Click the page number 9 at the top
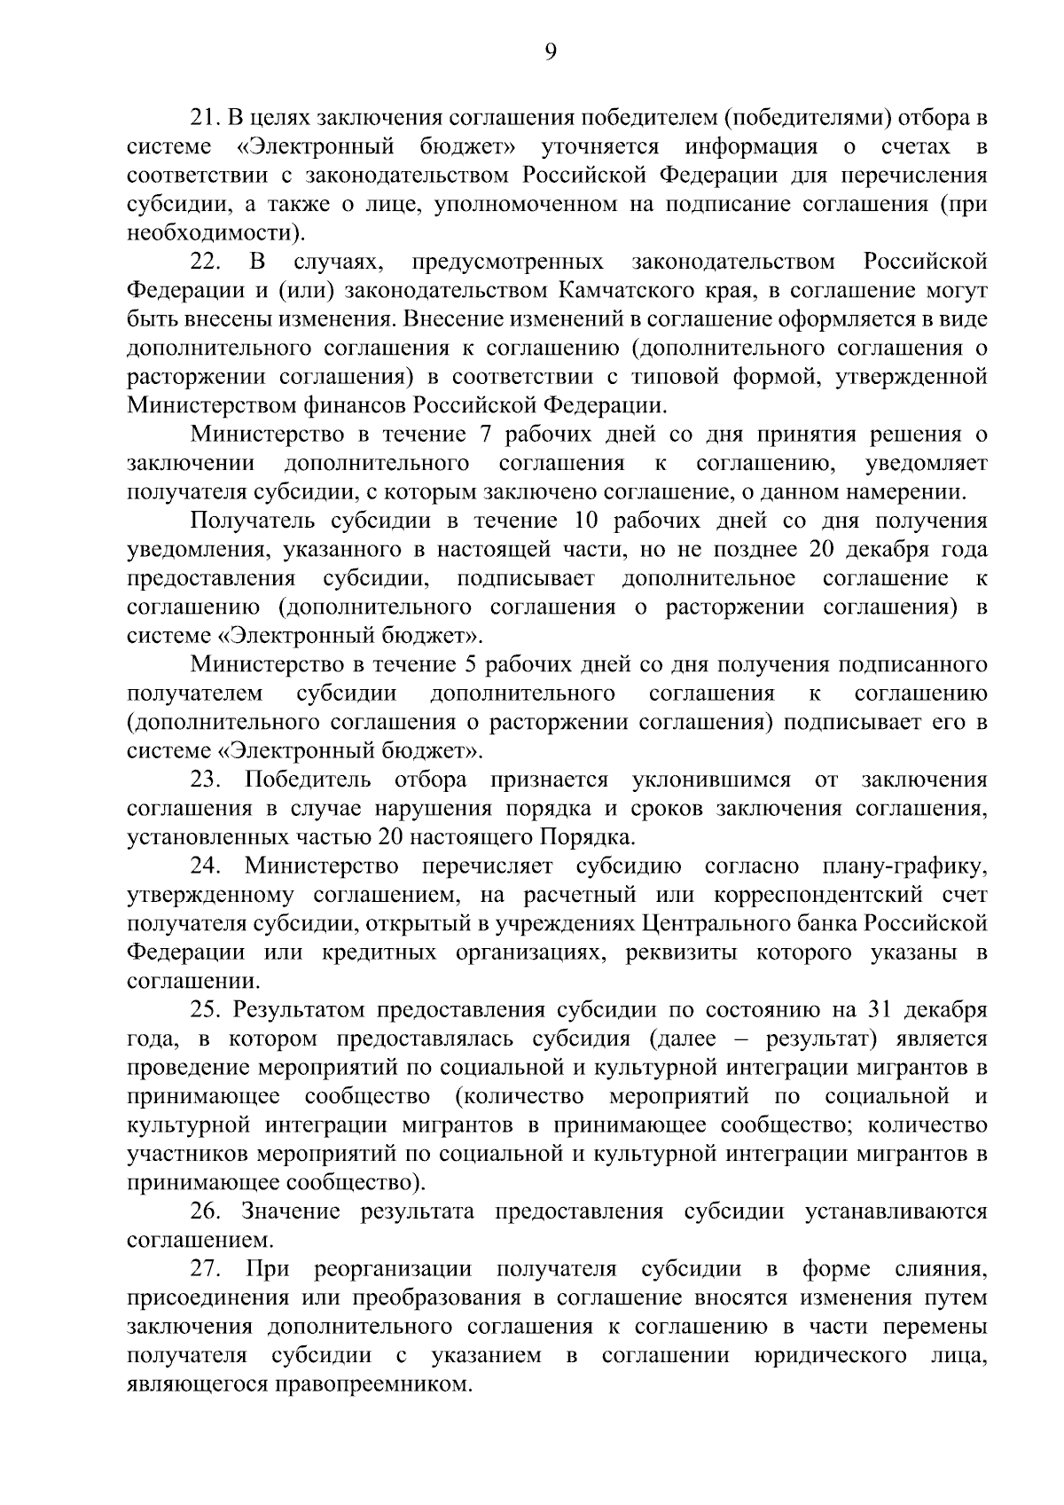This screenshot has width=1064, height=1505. click(550, 53)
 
